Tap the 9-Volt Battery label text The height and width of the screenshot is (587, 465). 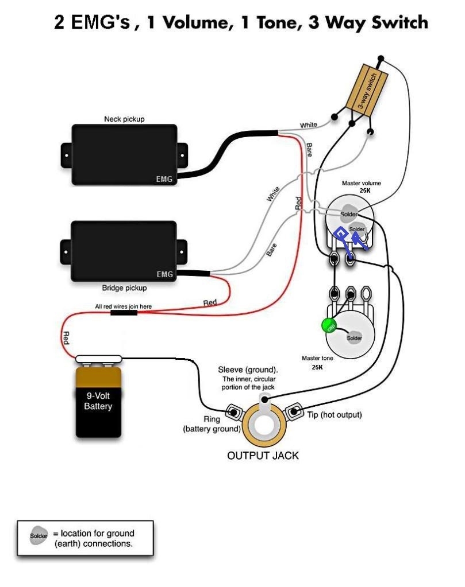coord(98,401)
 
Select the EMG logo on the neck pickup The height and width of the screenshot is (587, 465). coord(164,179)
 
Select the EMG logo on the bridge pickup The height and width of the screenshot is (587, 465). coord(164,274)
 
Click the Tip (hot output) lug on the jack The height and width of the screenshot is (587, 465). coord(294,412)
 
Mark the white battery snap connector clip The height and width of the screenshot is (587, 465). coord(98,359)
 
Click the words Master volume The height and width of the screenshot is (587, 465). coord(362,184)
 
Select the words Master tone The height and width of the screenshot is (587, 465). coord(317,358)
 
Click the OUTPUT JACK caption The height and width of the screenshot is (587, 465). coord(263,456)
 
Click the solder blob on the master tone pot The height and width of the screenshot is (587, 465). coord(355,337)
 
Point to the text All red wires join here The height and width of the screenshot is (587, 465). coord(123,306)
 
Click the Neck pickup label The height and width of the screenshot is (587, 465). coord(124,119)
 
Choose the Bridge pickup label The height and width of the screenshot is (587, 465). coord(124,287)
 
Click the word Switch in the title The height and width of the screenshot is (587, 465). coord(399,22)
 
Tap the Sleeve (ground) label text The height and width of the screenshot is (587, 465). coord(248,369)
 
